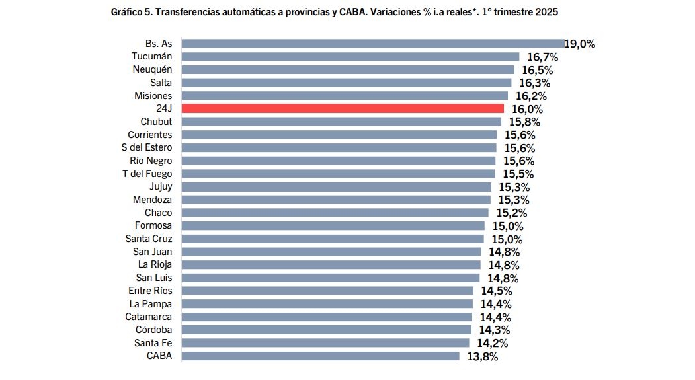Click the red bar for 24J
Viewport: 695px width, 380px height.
coord(343,108)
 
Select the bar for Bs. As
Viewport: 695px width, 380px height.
coord(373,44)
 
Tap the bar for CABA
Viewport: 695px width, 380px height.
coord(320,356)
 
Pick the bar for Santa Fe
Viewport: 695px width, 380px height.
coord(325,342)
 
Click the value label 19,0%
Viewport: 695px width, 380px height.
coord(581,44)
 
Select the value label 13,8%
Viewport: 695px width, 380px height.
coord(482,356)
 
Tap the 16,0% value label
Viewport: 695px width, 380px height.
coord(526,109)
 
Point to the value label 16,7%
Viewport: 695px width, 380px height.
coord(542,57)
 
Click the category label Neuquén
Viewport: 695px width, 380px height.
coord(152,69)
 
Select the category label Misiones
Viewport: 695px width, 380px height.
coord(153,96)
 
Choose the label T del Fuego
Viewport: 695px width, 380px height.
coord(147,174)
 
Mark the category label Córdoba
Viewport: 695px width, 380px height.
coord(153,330)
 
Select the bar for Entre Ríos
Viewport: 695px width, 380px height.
coord(327,291)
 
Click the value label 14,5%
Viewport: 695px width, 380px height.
coord(497,291)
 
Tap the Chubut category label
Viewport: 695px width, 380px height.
coord(156,122)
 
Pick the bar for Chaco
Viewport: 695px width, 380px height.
coord(335,213)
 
